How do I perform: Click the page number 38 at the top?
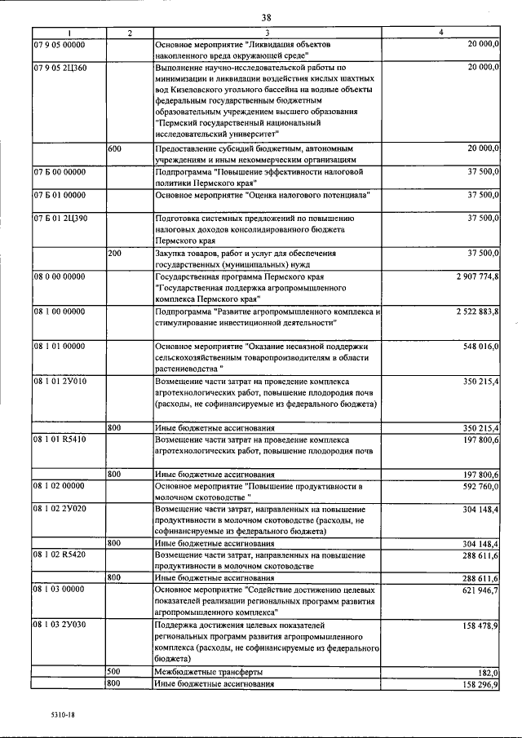click(266, 17)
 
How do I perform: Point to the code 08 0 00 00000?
click(58, 277)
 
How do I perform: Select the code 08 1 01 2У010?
click(60, 380)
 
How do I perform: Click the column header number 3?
click(268, 32)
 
